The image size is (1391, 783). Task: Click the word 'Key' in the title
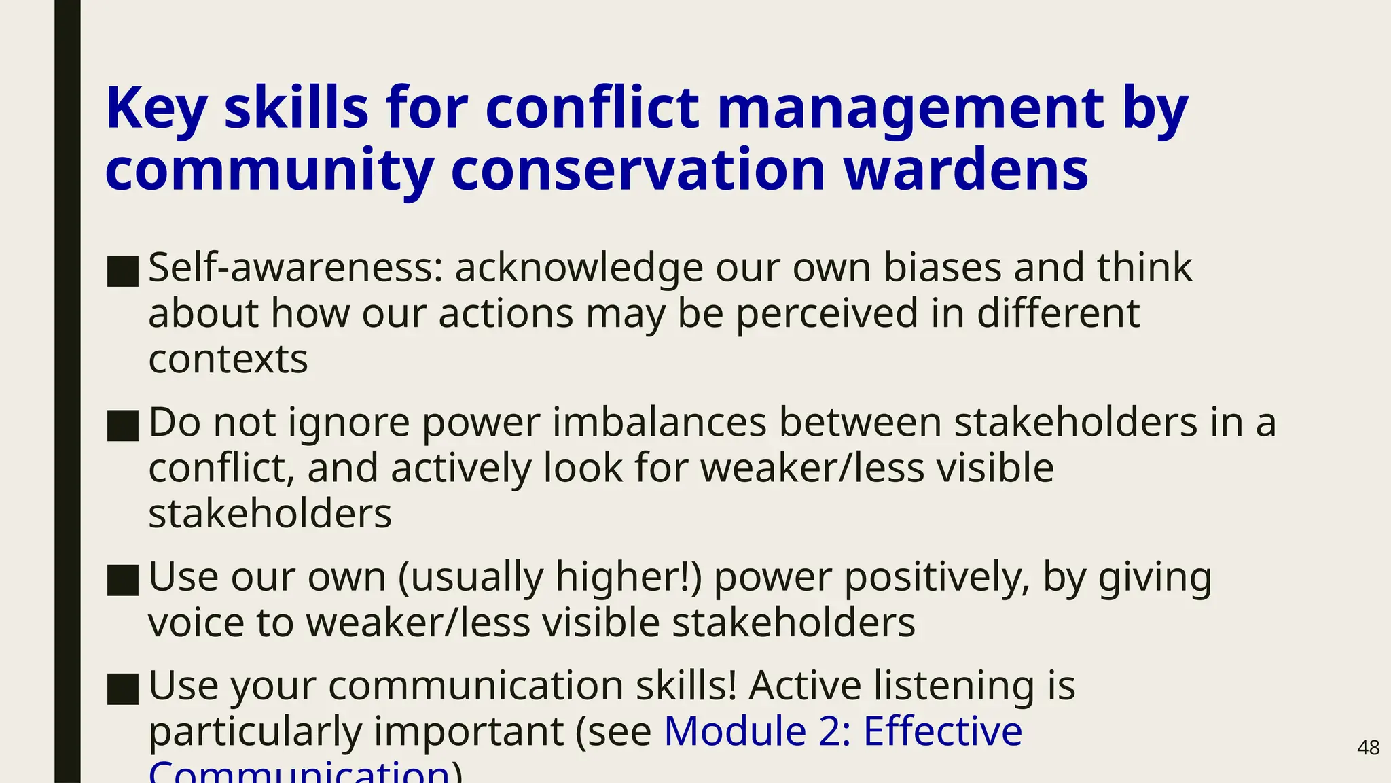(x=156, y=109)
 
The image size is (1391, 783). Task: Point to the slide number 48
(x=1368, y=748)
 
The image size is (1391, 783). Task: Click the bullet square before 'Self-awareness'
(x=123, y=271)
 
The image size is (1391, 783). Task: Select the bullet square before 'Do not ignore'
(x=123, y=425)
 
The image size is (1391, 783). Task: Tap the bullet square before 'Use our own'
(x=123, y=580)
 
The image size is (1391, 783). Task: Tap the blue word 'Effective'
(x=943, y=731)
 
